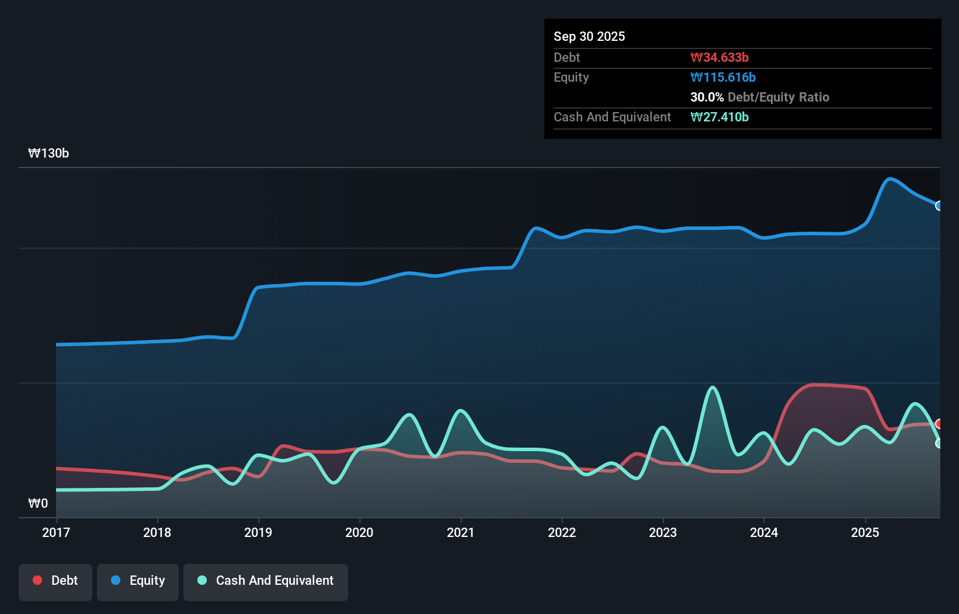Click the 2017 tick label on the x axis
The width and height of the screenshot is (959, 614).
pyautogui.click(x=56, y=532)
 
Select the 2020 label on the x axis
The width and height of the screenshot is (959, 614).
pyautogui.click(x=359, y=532)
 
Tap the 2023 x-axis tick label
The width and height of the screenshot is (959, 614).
pyautogui.click(x=663, y=532)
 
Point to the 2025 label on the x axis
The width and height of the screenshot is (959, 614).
pyautogui.click(x=865, y=532)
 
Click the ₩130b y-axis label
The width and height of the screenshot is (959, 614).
pyautogui.click(x=48, y=153)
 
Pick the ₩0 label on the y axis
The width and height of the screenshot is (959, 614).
pyautogui.click(x=38, y=503)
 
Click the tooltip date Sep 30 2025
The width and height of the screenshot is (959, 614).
pyautogui.click(x=589, y=36)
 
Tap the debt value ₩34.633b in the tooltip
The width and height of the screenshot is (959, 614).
pyautogui.click(x=719, y=57)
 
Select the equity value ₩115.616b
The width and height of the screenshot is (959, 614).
pyautogui.click(x=722, y=77)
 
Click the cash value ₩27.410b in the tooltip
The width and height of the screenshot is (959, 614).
pyautogui.click(x=719, y=117)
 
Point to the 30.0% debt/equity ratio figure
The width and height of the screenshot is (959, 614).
pyautogui.click(x=707, y=97)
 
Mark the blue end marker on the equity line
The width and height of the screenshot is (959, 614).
pyautogui.click(x=939, y=205)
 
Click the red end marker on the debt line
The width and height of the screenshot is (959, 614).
pyautogui.click(x=939, y=424)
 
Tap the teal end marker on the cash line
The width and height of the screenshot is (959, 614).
pyautogui.click(x=939, y=444)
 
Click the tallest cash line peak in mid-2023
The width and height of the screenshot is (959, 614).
pyautogui.click(x=713, y=388)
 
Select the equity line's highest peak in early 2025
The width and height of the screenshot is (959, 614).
pyautogui.click(x=889, y=179)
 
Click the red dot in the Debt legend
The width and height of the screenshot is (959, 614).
pyautogui.click(x=37, y=580)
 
